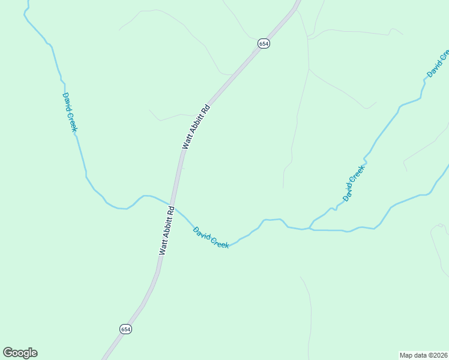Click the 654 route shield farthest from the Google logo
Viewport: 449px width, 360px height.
tap(264, 43)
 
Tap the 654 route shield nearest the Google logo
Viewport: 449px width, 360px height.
tap(125, 329)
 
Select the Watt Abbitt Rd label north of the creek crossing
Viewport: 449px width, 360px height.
tap(196, 127)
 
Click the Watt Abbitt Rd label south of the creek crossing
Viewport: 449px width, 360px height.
tap(167, 231)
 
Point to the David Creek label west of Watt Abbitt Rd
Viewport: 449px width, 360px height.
tap(70, 112)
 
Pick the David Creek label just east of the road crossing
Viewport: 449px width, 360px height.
tap(211, 237)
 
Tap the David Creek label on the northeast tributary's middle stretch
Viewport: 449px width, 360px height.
tap(354, 183)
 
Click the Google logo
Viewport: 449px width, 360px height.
tap(20, 353)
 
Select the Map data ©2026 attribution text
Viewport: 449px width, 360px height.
tap(423, 355)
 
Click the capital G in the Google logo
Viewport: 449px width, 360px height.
tap(8, 353)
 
